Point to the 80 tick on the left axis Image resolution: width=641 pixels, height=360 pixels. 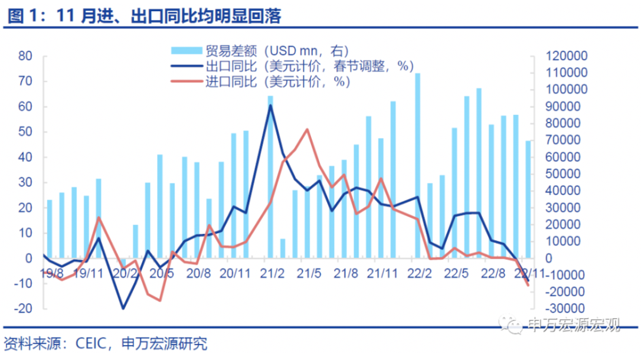25,56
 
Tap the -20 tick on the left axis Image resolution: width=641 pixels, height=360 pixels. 23,309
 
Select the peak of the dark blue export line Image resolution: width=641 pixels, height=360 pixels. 270,105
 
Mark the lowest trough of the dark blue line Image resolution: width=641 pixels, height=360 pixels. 123,308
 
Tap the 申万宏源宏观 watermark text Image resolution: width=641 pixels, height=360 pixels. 573,325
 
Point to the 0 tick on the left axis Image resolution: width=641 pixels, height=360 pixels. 28,258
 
